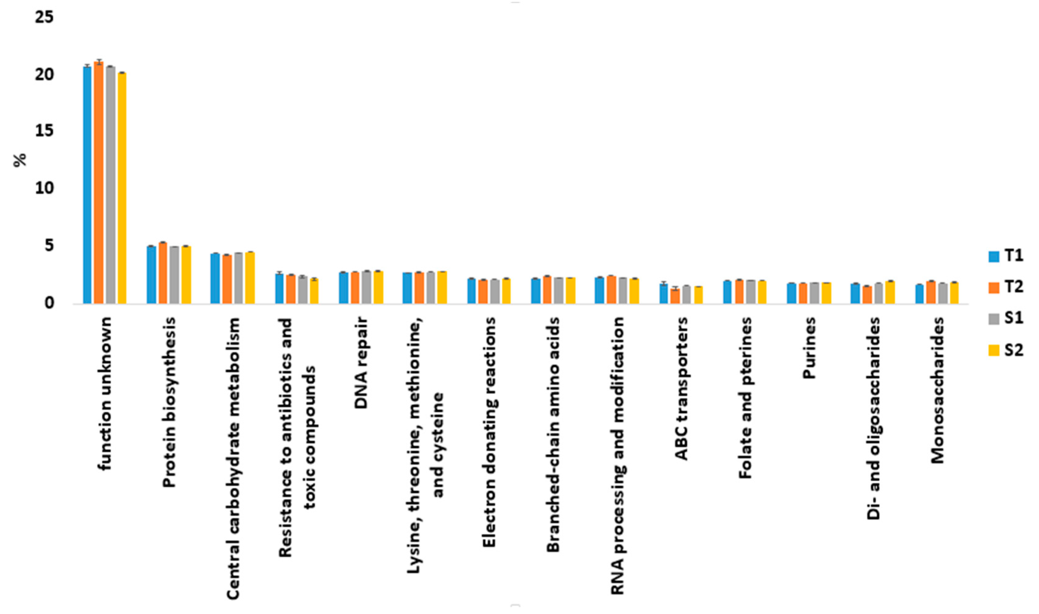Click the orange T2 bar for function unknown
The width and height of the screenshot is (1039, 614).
(99, 182)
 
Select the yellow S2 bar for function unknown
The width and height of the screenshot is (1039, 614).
(122, 188)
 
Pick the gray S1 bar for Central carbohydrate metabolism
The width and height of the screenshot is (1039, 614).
(238, 278)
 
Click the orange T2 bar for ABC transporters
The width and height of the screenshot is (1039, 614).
(675, 296)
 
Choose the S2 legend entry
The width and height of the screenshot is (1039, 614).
(1006, 350)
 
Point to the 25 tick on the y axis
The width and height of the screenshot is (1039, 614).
(44, 18)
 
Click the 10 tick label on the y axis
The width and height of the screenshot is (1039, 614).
(44, 188)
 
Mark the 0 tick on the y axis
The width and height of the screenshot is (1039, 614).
(49, 303)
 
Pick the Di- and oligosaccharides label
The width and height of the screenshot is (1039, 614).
(873, 418)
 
